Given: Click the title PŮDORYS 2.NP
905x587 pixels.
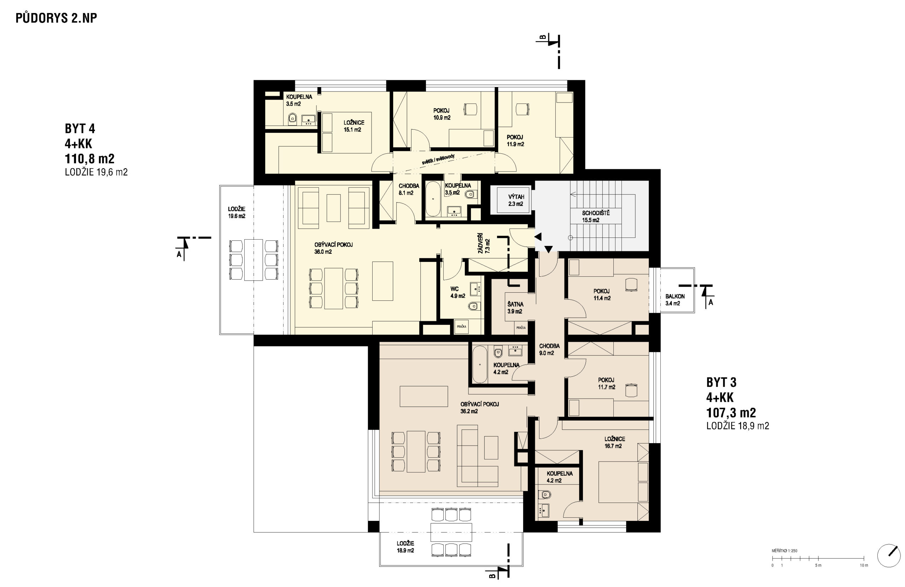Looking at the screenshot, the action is pyautogui.click(x=56, y=18).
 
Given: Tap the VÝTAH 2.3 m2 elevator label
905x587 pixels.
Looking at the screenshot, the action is pyautogui.click(x=516, y=200).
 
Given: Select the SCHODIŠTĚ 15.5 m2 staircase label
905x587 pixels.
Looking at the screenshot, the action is pyautogui.click(x=596, y=217).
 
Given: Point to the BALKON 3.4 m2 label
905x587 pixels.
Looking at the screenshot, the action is pyautogui.click(x=675, y=300).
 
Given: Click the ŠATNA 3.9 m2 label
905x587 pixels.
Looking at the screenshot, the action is pyautogui.click(x=515, y=308).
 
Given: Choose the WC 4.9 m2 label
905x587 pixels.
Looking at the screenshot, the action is pyautogui.click(x=457, y=292).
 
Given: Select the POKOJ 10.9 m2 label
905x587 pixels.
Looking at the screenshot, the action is pyautogui.click(x=442, y=114).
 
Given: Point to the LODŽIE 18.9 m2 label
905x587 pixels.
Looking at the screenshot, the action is pyautogui.click(x=405, y=547).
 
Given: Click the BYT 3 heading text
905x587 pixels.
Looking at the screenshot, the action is pyautogui.click(x=721, y=382).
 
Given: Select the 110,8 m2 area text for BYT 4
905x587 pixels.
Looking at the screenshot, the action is pyautogui.click(x=90, y=159).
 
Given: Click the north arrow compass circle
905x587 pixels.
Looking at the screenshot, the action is pyautogui.click(x=889, y=556).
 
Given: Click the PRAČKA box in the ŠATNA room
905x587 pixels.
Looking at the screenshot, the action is pyautogui.click(x=521, y=327).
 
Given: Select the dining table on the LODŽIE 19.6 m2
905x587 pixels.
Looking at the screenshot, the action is pyautogui.click(x=253, y=260).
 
